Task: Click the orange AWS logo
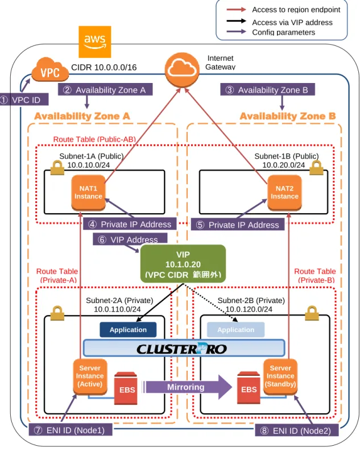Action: [94, 42]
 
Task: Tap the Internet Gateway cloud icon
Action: [182, 70]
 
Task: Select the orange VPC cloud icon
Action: [50, 69]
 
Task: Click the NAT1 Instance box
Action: [88, 193]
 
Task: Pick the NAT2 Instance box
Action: [284, 193]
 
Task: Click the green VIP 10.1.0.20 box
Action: [183, 264]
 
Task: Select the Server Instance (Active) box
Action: [90, 376]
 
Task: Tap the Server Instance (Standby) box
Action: [280, 376]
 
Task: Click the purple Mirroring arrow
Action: [188, 387]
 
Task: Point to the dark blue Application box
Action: [128, 330]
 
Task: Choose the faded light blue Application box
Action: [235, 330]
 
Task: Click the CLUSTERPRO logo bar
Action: [184, 348]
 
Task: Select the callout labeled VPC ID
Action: [24, 100]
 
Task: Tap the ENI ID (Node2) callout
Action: [296, 430]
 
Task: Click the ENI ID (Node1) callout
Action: [71, 430]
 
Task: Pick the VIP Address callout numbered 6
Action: [130, 239]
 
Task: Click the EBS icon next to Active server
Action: [126, 388]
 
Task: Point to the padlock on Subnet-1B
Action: [316, 168]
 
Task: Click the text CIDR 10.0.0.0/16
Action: [104, 68]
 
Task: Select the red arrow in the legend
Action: [236, 10]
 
